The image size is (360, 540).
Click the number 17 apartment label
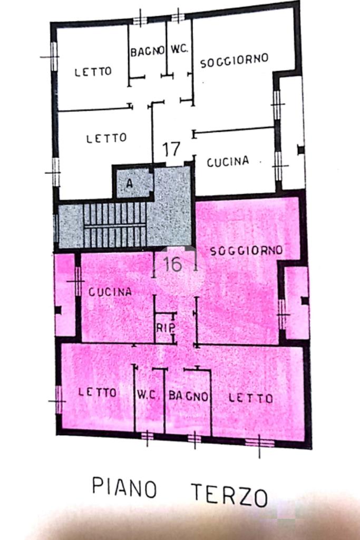coord(171,149)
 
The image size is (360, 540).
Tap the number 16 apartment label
coord(172,264)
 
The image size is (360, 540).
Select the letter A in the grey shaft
coord(129,183)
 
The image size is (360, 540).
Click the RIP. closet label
coord(166,328)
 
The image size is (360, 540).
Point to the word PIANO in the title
coord(124,487)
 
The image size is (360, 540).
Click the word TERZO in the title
coord(229,495)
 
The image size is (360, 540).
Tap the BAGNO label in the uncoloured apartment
coord(147,52)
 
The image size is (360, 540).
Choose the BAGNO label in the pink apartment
coord(189,396)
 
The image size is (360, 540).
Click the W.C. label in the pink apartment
coord(148,394)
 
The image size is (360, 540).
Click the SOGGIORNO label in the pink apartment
coord(246,251)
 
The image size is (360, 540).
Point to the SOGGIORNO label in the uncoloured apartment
coord(234,61)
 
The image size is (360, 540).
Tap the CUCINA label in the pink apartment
coord(110,292)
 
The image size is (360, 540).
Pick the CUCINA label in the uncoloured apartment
coord(228,161)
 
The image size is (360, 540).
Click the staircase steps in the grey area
coord(115,225)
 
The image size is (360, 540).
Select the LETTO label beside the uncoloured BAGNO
coord(93,72)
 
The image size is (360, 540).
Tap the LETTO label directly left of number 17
coord(106,138)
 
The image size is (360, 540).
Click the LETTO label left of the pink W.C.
coord(97,392)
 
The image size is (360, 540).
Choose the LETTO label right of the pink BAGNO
coord(251,398)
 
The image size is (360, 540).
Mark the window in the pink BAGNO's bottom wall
coord(194,438)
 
